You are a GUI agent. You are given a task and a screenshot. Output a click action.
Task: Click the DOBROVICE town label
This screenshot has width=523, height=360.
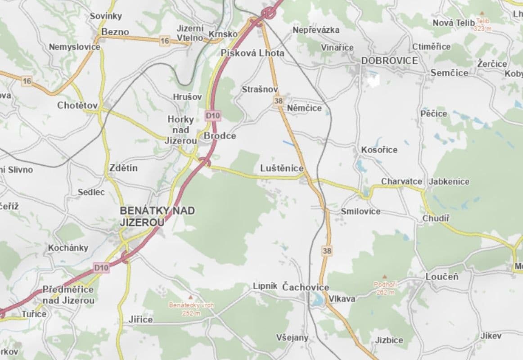click(x=389, y=61)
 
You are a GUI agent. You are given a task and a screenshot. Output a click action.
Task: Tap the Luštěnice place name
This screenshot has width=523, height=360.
click(x=282, y=168)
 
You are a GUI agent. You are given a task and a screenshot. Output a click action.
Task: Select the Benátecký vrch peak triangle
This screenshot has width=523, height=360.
click(x=191, y=297)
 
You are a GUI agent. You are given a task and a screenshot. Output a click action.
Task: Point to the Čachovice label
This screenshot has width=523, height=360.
click(x=305, y=287)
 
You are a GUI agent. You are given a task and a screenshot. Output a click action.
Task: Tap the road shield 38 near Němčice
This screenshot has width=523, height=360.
click(x=278, y=101)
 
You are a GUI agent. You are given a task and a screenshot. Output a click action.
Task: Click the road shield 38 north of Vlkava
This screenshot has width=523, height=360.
click(x=327, y=250)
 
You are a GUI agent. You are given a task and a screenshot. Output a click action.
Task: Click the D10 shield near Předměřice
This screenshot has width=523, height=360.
click(x=101, y=268)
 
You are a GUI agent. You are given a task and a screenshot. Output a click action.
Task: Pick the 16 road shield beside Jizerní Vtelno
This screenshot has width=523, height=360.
click(x=164, y=41)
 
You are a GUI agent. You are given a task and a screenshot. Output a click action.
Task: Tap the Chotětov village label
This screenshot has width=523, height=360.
click(x=77, y=105)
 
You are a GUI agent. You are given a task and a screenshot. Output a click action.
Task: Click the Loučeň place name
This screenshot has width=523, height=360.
click(x=442, y=277)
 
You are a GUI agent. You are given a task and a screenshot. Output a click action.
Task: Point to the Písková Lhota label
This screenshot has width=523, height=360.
click(x=252, y=53)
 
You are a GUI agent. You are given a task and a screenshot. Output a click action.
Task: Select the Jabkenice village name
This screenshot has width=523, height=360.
click(x=449, y=181)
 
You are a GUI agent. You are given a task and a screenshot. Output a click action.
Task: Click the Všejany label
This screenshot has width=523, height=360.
click(x=292, y=337)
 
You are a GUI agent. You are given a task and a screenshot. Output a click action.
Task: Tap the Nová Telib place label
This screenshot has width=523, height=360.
click(x=453, y=22)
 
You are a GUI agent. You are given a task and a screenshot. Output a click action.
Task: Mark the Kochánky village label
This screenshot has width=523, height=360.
click(x=68, y=248)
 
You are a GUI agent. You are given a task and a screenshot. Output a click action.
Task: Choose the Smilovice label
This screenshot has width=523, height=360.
click(x=361, y=211)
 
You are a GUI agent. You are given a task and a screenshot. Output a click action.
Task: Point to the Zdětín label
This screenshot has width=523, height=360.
click(x=123, y=168)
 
